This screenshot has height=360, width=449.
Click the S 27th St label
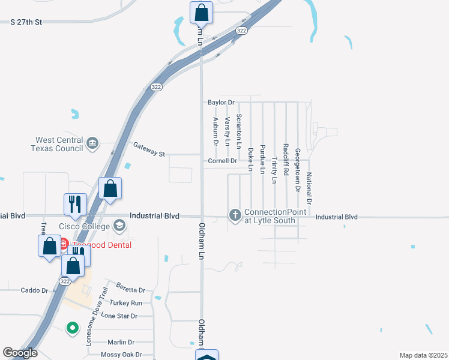27,22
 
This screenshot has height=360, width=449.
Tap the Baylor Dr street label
220,103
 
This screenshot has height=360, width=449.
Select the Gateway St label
149,149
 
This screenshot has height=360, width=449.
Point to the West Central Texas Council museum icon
92,143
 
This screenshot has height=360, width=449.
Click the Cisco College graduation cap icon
119,226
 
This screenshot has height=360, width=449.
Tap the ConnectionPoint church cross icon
235,214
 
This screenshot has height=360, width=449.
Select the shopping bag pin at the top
201,13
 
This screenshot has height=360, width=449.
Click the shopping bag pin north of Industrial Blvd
110,188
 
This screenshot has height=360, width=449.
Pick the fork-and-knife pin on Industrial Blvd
75,204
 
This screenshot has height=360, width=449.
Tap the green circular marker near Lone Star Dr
72,328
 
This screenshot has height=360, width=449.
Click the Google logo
20,353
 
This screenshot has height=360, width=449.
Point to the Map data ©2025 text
423,355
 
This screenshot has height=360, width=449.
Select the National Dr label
309,187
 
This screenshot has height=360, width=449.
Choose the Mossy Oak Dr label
121,355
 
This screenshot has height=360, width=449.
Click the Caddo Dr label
34,290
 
